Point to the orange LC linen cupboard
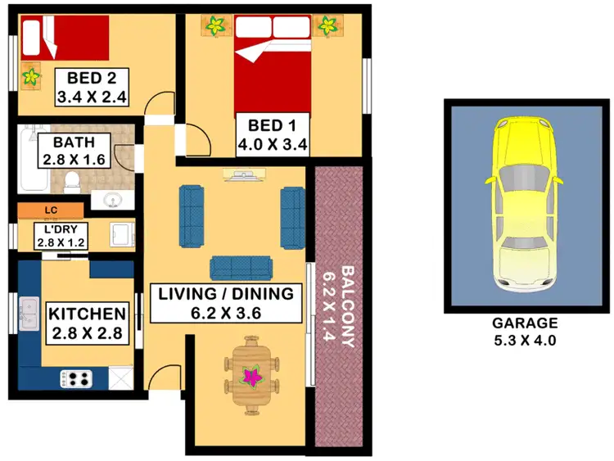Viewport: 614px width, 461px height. (x=51, y=210)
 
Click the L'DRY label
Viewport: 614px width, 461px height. (x=61, y=230)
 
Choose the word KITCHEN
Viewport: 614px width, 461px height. (x=87, y=314)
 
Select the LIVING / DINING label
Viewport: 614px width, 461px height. (x=224, y=293)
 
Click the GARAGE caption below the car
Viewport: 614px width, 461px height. (x=525, y=323)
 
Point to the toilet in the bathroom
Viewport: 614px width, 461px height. (x=72, y=180)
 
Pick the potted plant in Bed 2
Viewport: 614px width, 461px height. (x=31, y=77)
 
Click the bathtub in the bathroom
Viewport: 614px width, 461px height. (x=28, y=156)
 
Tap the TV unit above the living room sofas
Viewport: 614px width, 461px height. (x=243, y=174)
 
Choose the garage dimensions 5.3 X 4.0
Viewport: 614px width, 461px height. (x=525, y=340)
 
